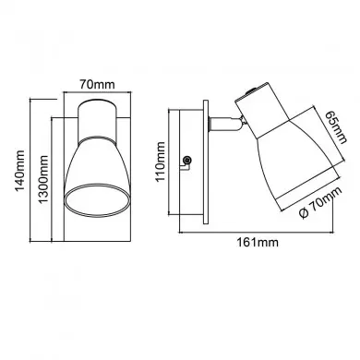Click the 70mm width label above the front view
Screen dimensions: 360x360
point(97,84)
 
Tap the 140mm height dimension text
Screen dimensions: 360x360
point(20,171)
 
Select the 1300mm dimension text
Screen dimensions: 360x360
point(43,179)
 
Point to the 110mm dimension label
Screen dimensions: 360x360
point(161,162)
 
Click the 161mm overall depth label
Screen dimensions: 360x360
point(258,242)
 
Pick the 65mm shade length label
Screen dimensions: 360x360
point(336,126)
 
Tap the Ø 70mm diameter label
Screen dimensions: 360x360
point(320,202)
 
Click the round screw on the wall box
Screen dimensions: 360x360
point(186,161)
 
